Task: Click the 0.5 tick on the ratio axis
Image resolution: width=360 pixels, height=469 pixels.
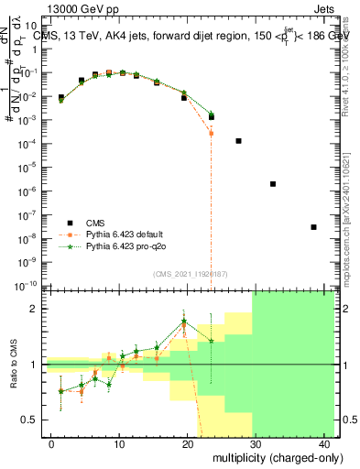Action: [29, 420]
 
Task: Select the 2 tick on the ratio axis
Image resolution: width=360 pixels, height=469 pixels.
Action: [34, 310]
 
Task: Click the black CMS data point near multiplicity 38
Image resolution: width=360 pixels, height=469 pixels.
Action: [314, 227]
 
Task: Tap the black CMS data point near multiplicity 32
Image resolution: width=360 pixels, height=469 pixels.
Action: [273, 184]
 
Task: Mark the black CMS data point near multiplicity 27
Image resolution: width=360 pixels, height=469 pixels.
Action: [238, 141]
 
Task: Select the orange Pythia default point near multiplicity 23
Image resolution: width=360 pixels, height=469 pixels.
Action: [211, 133]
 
